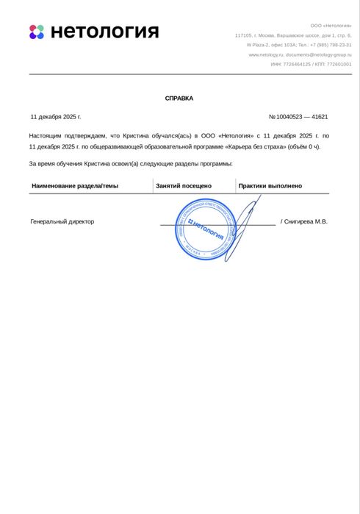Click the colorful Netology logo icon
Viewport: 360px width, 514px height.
(37, 32)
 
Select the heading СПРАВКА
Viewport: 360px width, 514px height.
(179, 98)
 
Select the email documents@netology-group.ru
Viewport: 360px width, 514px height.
(319, 54)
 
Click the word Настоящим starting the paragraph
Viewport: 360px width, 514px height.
(46, 136)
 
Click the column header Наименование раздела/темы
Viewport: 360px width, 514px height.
(75, 186)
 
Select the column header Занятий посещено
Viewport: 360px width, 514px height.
(184, 186)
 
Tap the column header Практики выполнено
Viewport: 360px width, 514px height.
(270, 186)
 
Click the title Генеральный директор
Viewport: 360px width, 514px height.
(62, 221)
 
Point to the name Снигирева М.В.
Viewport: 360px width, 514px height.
(306, 221)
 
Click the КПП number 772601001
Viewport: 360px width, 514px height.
(339, 64)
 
